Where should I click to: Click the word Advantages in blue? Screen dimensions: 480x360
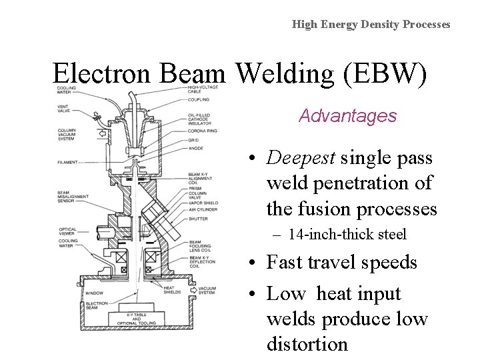347,116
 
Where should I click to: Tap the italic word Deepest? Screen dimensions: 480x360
301,158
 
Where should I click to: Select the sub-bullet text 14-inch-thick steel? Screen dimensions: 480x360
347,235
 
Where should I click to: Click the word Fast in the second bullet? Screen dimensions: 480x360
285,263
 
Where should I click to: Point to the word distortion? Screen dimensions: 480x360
307,344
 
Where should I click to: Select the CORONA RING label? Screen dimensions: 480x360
202,132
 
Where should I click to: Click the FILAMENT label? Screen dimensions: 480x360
68,162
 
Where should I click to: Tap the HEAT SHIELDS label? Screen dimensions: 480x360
173,291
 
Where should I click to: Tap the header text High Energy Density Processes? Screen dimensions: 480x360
371,24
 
